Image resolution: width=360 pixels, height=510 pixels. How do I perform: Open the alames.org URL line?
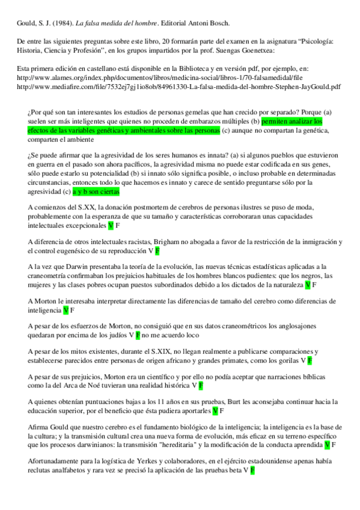142,78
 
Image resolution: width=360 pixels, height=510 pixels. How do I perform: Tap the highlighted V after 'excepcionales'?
111,226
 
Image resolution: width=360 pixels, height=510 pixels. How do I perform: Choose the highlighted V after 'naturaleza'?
307,284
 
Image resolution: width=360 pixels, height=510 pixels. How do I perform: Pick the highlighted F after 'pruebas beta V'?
253,470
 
